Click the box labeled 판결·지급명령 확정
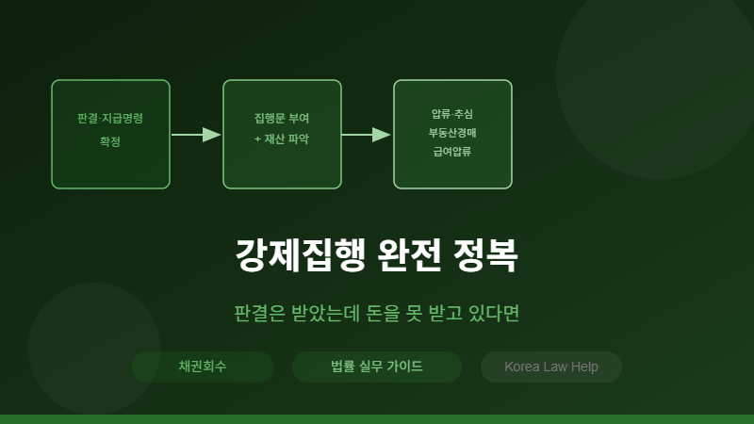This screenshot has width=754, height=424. [110, 134]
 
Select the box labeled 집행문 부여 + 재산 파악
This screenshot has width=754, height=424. [282, 134]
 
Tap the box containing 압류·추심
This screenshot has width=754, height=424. [452, 134]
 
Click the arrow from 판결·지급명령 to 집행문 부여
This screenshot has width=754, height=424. [196, 135]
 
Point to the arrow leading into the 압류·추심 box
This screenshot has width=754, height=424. [367, 135]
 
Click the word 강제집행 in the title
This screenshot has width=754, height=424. [301, 255]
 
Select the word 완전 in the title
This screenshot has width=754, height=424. [409, 255]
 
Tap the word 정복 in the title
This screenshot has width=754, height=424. [485, 255]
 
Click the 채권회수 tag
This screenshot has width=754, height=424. [203, 367]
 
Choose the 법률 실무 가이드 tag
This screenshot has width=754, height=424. [377, 367]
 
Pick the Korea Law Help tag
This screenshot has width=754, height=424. [551, 367]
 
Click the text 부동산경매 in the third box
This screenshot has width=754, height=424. [452, 133]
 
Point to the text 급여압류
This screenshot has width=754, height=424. [452, 152]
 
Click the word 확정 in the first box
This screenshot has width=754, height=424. [110, 141]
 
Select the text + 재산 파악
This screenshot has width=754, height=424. [282, 139]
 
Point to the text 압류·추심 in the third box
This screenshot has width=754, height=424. [452, 114]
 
